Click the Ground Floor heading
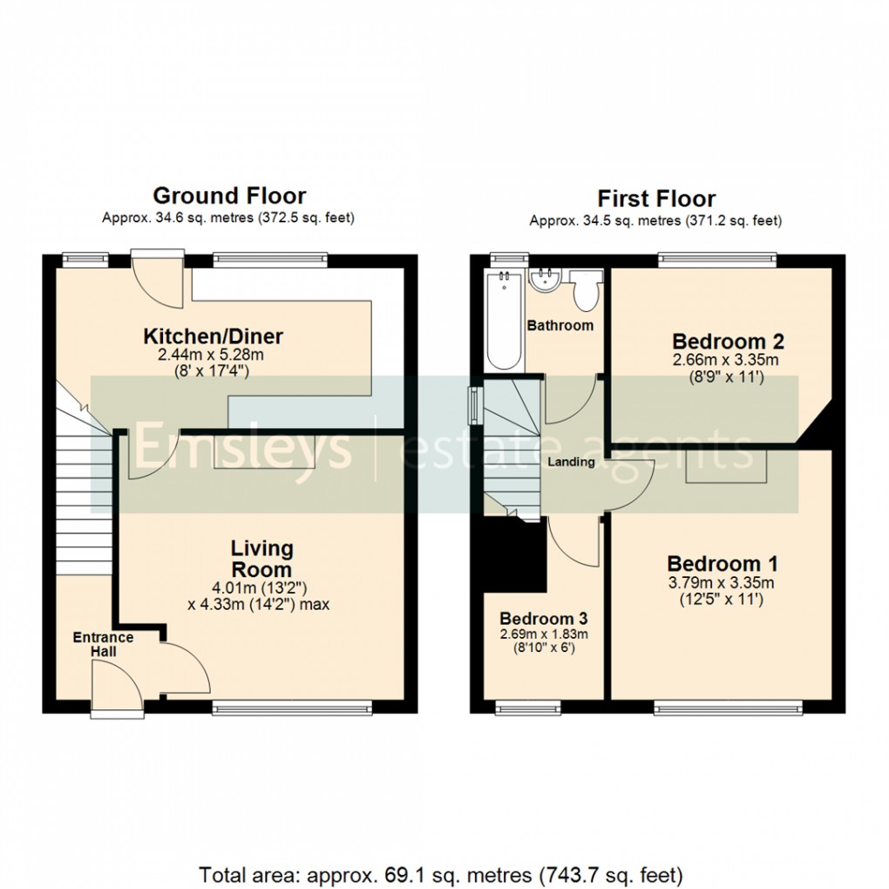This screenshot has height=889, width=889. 229,195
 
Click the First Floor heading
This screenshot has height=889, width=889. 655,199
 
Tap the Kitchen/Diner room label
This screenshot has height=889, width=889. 214,336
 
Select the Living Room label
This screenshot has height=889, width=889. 261,559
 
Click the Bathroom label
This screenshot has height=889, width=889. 560,325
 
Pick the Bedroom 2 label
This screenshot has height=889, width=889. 716,341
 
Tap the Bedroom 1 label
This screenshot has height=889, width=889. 723,563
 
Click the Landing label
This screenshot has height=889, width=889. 571,462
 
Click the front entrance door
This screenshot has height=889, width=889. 116,688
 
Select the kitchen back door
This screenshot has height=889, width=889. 157,279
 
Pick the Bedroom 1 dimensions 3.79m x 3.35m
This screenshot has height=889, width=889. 723,583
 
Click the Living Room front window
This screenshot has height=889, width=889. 291,708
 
